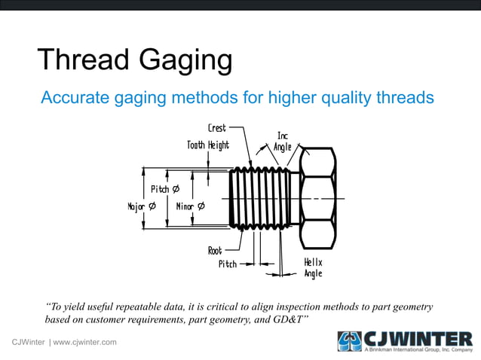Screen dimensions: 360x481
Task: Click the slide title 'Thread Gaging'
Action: (134, 61)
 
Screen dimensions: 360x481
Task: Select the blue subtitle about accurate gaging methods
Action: (237, 97)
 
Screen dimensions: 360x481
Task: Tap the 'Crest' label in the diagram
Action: (216, 128)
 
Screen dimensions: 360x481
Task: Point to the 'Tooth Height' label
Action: (208, 145)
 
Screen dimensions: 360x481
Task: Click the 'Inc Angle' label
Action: (282, 141)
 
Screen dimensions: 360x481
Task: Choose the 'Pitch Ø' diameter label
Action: (164, 188)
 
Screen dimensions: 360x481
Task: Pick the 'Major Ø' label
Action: (142, 206)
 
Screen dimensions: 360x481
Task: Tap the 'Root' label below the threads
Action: (215, 251)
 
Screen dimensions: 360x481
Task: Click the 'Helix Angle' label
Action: (313, 267)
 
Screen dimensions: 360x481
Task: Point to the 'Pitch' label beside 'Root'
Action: (227, 264)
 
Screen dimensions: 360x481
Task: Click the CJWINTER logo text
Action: (418, 337)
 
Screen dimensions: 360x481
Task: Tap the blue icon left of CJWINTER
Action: (350, 340)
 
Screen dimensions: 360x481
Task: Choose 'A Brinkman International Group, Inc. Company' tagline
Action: (418, 350)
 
